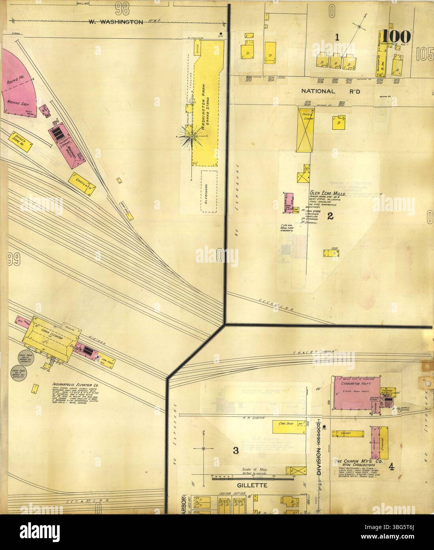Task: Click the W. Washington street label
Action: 115,22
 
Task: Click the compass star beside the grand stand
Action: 191,137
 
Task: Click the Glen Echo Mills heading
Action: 328,195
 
